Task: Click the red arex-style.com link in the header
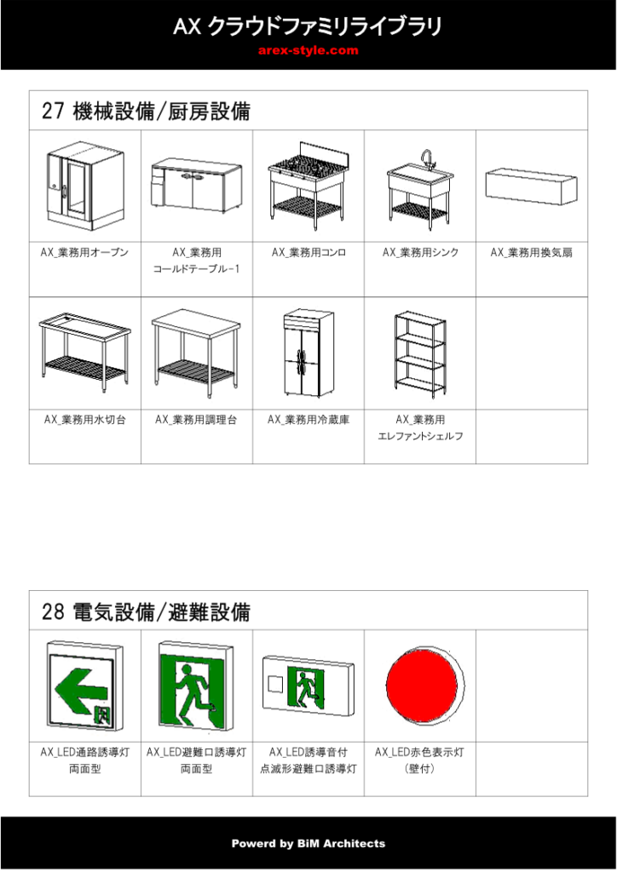(308, 50)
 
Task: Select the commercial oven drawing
(84, 185)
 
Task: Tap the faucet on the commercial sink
(427, 158)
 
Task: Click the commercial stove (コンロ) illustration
(308, 186)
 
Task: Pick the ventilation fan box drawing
(531, 186)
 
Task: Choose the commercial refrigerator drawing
(308, 353)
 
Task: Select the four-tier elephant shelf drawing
(421, 353)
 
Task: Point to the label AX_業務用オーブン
(84, 252)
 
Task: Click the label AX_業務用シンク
(421, 252)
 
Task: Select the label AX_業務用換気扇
(531, 252)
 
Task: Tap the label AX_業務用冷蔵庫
(308, 419)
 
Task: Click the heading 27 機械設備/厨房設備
(146, 111)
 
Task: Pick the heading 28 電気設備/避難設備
(146, 611)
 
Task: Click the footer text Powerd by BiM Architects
(308, 844)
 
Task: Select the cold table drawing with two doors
(196, 185)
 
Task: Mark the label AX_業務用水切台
(84, 419)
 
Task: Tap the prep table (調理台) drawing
(196, 353)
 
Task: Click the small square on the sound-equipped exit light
(275, 684)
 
